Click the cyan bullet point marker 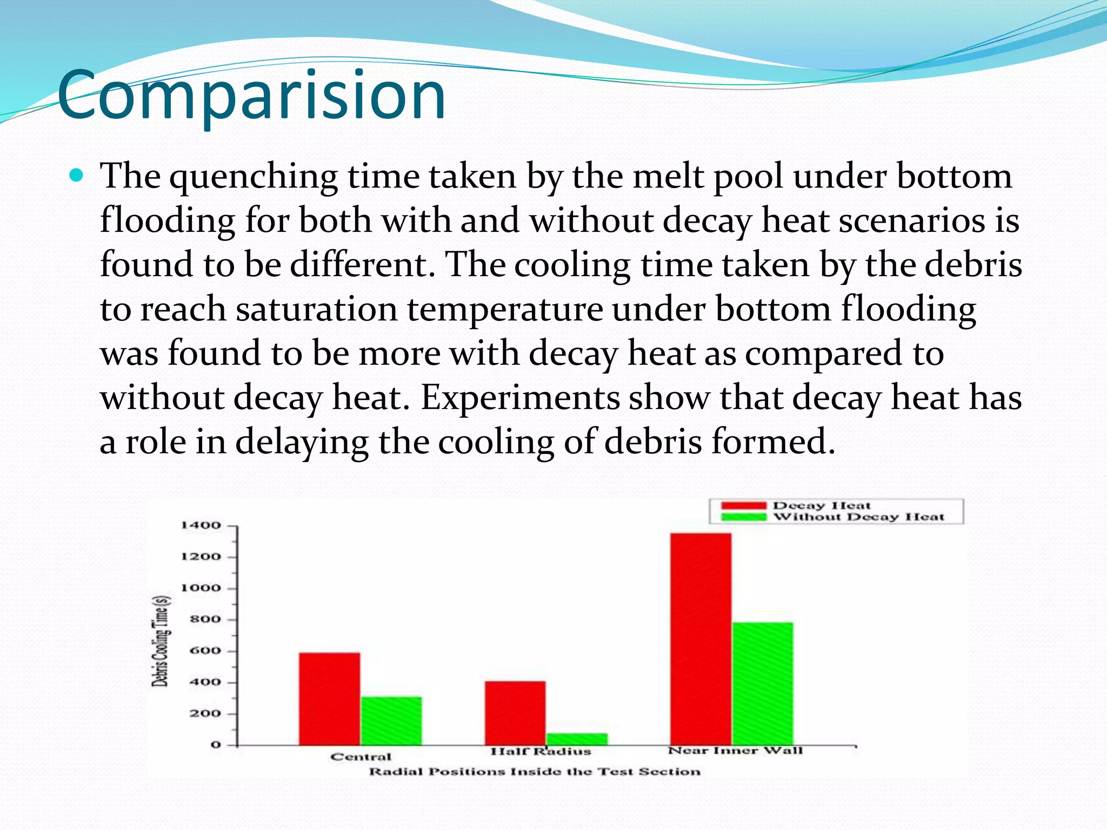[77, 175]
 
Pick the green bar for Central [391, 721]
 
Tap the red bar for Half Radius [515, 713]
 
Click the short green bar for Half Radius [577, 739]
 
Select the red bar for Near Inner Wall [701, 639]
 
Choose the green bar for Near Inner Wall [763, 684]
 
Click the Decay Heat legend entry [821, 506]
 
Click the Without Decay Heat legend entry [858, 517]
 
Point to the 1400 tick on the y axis [201, 525]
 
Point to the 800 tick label [205, 619]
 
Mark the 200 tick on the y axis [205, 713]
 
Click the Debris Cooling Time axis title [161, 641]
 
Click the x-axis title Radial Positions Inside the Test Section [534, 772]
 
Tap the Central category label [361, 757]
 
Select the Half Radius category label [541, 752]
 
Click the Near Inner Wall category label [735, 751]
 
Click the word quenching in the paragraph [254, 177]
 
